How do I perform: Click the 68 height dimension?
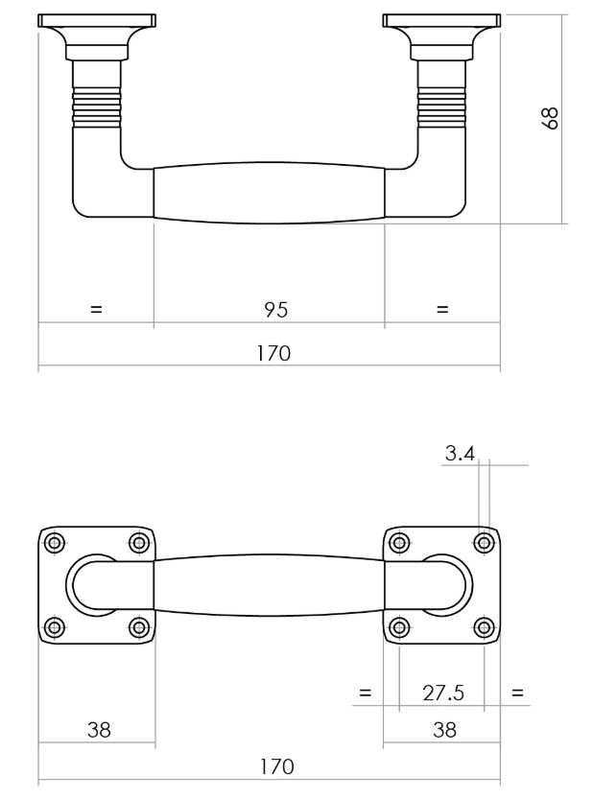(x=551, y=119)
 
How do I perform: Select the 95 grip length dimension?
(x=276, y=309)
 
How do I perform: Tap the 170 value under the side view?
(x=273, y=353)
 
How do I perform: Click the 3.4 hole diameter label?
(x=460, y=454)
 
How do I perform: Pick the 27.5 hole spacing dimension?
(x=443, y=694)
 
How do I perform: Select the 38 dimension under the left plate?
(x=99, y=730)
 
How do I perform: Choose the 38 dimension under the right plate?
(x=443, y=730)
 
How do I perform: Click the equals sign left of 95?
(x=96, y=310)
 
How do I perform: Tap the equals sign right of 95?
(x=442, y=310)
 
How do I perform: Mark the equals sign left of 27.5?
(x=364, y=693)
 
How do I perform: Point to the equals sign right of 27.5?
(x=519, y=693)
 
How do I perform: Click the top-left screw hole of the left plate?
(x=54, y=543)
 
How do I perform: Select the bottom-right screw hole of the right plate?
(x=485, y=628)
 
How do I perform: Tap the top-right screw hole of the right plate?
(x=485, y=543)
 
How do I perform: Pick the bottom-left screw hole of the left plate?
(x=54, y=628)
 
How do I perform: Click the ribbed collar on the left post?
(x=96, y=105)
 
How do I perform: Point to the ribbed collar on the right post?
(x=441, y=105)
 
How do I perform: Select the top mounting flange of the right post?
(x=441, y=21)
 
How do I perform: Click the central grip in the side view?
(x=270, y=193)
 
